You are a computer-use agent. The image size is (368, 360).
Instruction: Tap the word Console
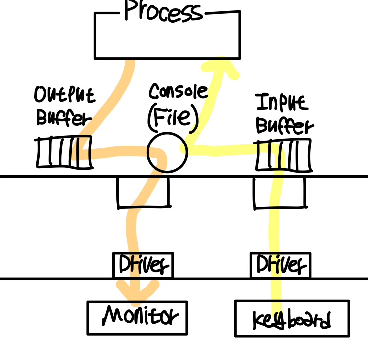178,92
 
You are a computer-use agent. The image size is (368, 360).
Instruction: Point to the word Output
65,94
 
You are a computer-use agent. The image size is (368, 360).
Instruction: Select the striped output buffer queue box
64,152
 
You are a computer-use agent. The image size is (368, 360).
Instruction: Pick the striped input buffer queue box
283,155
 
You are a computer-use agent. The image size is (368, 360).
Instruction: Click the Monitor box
137,317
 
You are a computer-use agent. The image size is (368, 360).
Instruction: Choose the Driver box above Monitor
143,265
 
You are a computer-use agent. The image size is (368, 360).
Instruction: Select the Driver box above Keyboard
280,265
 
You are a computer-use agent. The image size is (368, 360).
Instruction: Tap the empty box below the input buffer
280,192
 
